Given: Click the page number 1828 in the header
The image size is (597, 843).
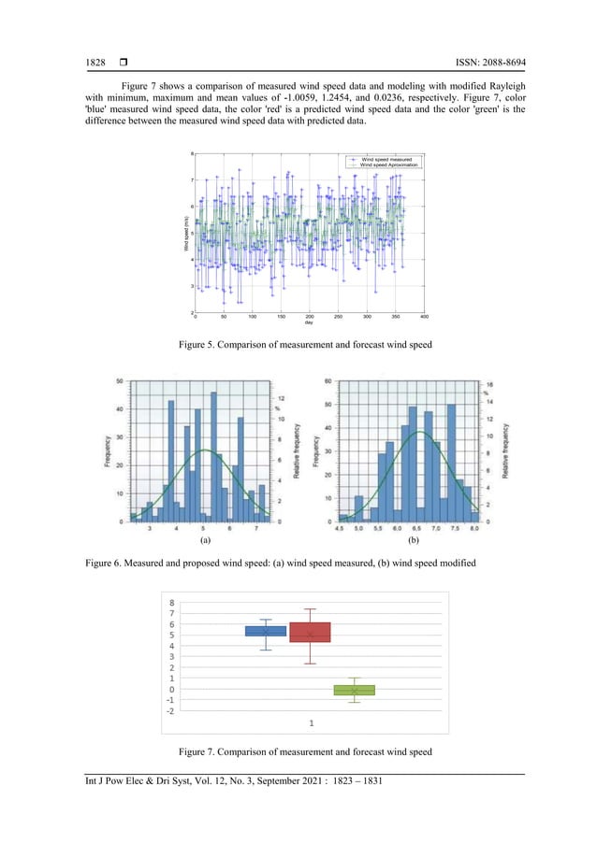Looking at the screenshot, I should point(95,63).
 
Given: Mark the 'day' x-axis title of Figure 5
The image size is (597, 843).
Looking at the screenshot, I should point(309,323).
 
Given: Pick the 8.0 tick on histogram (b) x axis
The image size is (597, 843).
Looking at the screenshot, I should point(474,529).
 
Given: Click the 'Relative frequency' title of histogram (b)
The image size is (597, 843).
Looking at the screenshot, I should point(506,450).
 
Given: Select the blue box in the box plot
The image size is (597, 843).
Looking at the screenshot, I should point(266,631).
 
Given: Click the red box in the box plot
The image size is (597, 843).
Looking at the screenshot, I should point(310,632).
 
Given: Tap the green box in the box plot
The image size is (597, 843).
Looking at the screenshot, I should point(354,690).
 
